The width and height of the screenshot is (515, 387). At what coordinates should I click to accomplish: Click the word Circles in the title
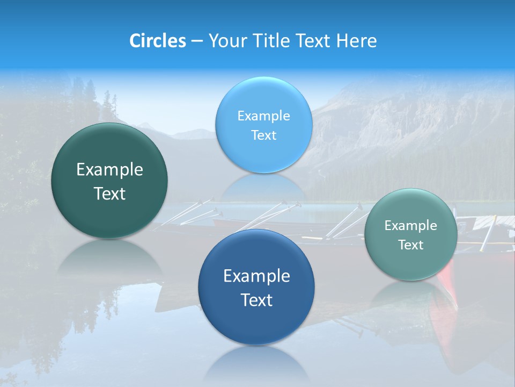(x=157, y=41)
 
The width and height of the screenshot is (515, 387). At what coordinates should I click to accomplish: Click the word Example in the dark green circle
(x=109, y=170)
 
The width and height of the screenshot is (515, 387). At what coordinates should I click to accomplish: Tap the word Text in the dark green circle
(x=109, y=193)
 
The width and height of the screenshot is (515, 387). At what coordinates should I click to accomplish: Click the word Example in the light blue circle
(x=263, y=116)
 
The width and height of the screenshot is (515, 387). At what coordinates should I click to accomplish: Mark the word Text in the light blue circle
(x=263, y=135)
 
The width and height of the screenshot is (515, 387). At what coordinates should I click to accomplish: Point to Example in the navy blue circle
(x=256, y=276)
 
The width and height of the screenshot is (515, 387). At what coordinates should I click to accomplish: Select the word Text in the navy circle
(x=256, y=300)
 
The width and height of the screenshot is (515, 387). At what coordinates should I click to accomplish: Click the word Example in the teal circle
(x=411, y=226)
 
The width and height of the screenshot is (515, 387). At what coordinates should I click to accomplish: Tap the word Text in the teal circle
(x=411, y=245)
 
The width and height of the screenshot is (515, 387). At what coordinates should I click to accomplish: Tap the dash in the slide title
(x=196, y=41)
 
